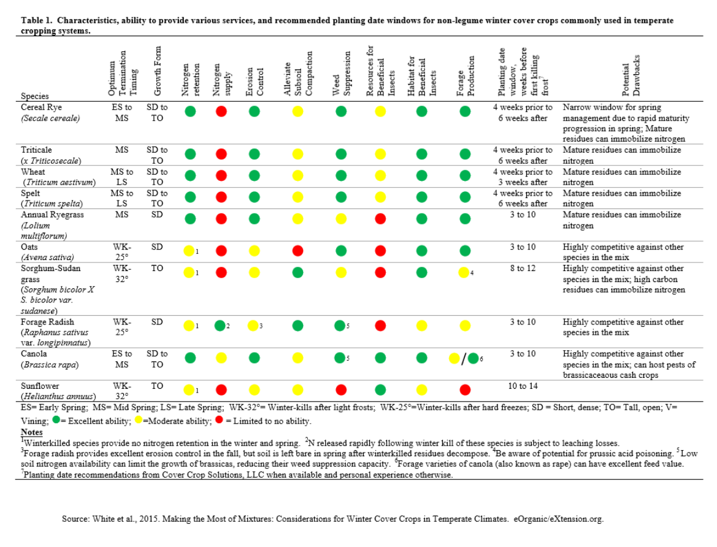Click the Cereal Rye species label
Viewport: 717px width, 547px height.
(x=41, y=107)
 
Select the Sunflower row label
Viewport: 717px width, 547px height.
(x=40, y=386)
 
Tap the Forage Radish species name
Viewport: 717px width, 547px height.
(x=47, y=321)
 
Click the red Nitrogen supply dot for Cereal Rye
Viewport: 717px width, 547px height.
(x=221, y=111)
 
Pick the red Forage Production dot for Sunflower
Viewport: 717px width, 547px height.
(x=465, y=389)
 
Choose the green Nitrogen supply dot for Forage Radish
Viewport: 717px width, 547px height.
(x=220, y=326)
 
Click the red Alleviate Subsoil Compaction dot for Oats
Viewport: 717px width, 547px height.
(x=297, y=251)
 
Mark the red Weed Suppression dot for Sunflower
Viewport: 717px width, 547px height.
(x=341, y=389)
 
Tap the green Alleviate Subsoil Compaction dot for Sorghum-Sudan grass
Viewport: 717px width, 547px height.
(x=297, y=273)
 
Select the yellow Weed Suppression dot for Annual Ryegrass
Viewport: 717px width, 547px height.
(x=341, y=219)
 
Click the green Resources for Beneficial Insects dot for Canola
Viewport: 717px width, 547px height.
(x=380, y=358)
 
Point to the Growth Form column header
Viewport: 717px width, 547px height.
(x=157, y=71)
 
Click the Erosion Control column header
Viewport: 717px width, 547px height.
(x=255, y=82)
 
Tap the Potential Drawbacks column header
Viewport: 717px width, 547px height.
(x=631, y=75)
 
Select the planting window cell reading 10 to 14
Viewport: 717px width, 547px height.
(x=523, y=386)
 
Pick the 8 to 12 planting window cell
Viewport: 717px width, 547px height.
(x=523, y=268)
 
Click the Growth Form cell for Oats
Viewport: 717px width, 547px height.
(x=157, y=247)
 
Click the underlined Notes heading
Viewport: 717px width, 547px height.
(x=31, y=432)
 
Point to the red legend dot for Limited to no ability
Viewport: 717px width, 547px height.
(x=219, y=419)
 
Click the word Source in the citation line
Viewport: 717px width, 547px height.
(x=75, y=519)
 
